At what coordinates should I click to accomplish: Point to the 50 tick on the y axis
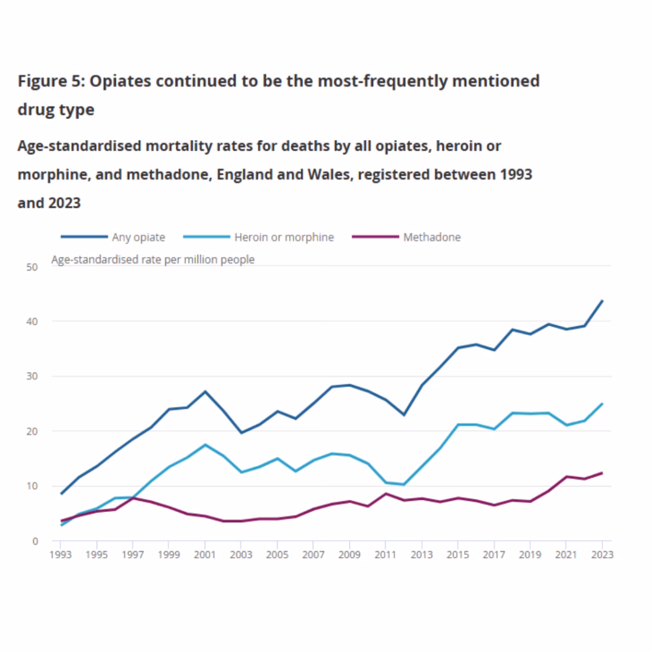[32, 267]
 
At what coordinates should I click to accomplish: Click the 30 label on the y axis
[32, 376]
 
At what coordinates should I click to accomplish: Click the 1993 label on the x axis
[60, 555]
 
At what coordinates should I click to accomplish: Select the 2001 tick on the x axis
[204, 555]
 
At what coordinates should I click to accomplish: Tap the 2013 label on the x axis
[422, 555]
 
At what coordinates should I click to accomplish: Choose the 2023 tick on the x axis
[602, 555]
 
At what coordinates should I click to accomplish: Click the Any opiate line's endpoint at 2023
[602, 301]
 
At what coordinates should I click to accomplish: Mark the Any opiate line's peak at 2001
[204, 392]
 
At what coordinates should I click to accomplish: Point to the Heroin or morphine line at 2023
[602, 404]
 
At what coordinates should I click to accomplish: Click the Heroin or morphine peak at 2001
[204, 444]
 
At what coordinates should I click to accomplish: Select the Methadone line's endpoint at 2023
[602, 473]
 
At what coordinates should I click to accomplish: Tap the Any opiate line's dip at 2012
[404, 415]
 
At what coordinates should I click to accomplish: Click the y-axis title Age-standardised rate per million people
[152, 260]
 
